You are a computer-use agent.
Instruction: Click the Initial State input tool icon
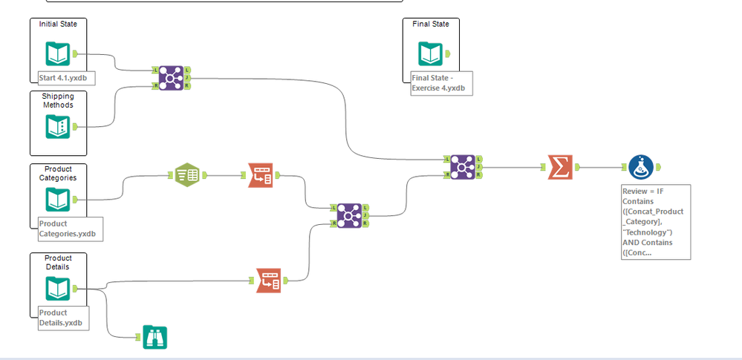(58, 53)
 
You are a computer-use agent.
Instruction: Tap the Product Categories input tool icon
(58, 199)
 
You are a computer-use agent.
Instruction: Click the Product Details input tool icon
(58, 288)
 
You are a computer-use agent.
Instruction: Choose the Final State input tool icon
(430, 53)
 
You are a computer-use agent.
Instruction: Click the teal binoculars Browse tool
(154, 337)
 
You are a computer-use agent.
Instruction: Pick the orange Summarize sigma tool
(559, 167)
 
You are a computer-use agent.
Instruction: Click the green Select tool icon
(187, 176)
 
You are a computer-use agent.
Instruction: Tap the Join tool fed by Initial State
(171, 77)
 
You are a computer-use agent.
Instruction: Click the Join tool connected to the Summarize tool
(462, 167)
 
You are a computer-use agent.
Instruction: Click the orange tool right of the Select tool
(261, 176)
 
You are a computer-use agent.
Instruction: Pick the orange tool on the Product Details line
(269, 280)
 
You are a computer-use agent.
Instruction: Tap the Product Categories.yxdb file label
(69, 229)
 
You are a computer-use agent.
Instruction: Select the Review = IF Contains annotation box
(656, 222)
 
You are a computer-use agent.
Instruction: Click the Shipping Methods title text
(57, 100)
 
